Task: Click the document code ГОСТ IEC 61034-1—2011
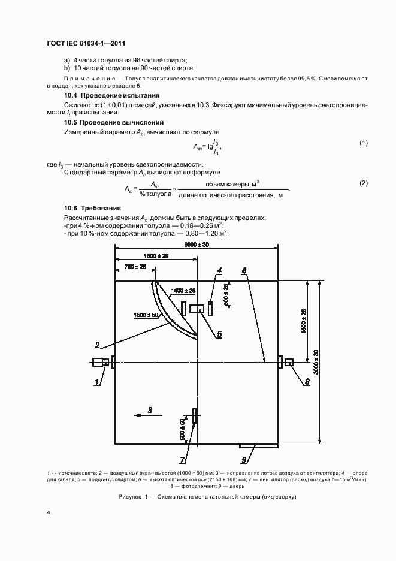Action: pos(85,43)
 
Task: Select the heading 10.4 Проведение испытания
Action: pos(111,95)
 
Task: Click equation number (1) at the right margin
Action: pos(362,143)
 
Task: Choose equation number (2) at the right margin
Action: pos(362,183)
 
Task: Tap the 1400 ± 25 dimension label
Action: pos(183,291)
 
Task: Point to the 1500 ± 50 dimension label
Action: pos(146,314)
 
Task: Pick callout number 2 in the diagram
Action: pos(96,344)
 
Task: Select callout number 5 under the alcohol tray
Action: pos(219,333)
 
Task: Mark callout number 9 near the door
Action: pos(244,460)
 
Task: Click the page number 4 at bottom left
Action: pos(49,512)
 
